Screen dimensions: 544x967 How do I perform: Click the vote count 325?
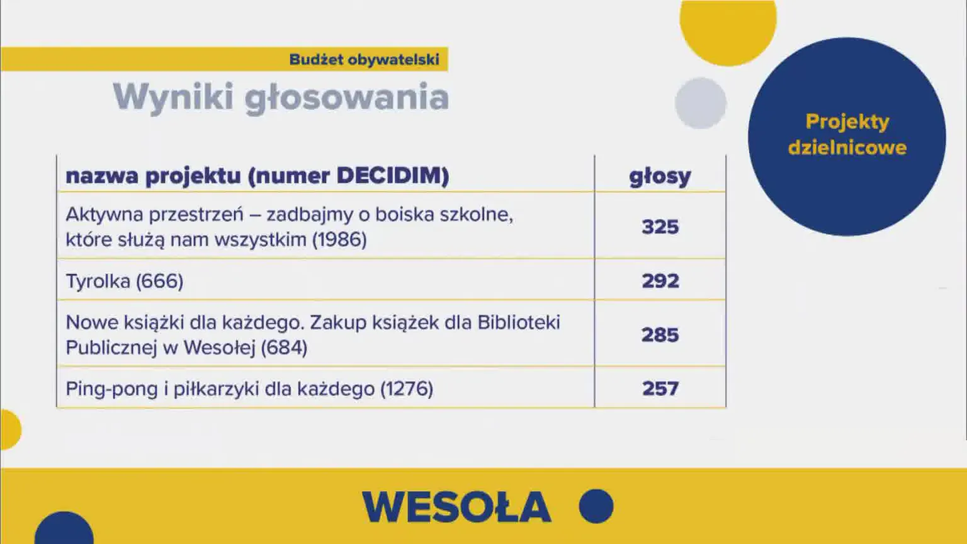[x=660, y=227]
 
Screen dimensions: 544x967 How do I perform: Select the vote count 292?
[x=660, y=281]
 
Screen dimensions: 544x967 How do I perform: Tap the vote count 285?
[x=660, y=335]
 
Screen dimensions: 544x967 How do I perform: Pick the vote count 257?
[x=660, y=388]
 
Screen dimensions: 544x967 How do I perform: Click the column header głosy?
[x=660, y=176]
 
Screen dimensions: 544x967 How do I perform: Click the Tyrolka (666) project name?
[x=125, y=281]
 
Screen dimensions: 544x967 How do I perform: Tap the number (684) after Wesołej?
[x=283, y=348]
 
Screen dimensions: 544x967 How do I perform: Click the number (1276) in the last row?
[x=407, y=389]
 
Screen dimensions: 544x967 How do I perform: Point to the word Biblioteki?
[x=518, y=322]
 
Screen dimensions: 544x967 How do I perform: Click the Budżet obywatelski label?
[x=364, y=60]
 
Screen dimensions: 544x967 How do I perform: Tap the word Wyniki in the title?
[x=173, y=98]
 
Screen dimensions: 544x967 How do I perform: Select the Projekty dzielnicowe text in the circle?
[x=847, y=134]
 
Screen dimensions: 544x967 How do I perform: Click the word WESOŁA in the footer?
[x=456, y=507]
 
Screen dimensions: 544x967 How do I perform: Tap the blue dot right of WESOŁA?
[x=596, y=506]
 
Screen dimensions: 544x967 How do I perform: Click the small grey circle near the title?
[x=701, y=103]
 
